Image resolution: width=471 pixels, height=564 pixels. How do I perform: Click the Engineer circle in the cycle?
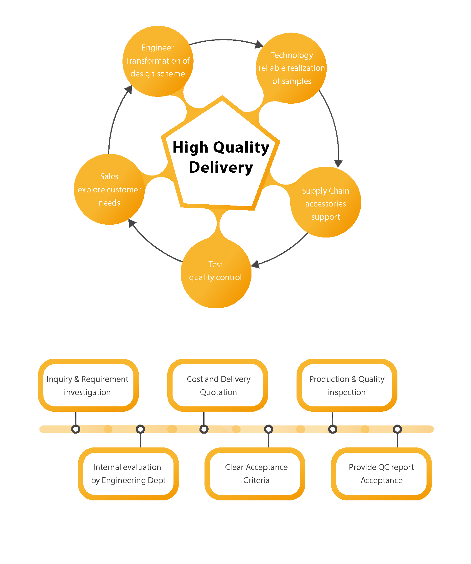(x=158, y=61)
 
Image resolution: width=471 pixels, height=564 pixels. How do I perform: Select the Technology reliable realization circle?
(x=291, y=68)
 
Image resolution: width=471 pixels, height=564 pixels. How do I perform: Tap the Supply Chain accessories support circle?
(x=326, y=202)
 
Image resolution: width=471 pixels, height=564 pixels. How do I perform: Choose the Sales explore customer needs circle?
(x=109, y=189)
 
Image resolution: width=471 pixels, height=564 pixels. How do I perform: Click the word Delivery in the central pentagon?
(x=221, y=167)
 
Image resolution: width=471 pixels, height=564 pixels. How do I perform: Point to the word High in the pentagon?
(x=190, y=147)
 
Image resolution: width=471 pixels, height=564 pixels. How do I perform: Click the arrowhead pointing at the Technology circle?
(x=259, y=44)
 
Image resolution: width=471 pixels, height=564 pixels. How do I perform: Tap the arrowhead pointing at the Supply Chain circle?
(x=338, y=164)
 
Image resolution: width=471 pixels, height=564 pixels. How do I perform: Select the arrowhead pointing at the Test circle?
(x=256, y=264)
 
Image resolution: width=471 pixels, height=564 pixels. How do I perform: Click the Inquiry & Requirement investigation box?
(x=88, y=385)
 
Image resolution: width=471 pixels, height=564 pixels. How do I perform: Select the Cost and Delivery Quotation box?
(x=218, y=385)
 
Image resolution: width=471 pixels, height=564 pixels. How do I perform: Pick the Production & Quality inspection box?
(x=347, y=385)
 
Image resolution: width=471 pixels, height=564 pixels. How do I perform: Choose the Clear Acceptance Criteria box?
(x=256, y=473)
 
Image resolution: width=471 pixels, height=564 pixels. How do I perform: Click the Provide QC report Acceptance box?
(x=381, y=473)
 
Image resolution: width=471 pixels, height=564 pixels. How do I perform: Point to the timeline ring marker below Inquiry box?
(x=76, y=429)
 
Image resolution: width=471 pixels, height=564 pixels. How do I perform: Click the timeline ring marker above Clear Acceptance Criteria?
(x=269, y=429)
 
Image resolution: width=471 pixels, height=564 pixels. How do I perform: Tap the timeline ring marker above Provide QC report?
(x=397, y=429)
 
